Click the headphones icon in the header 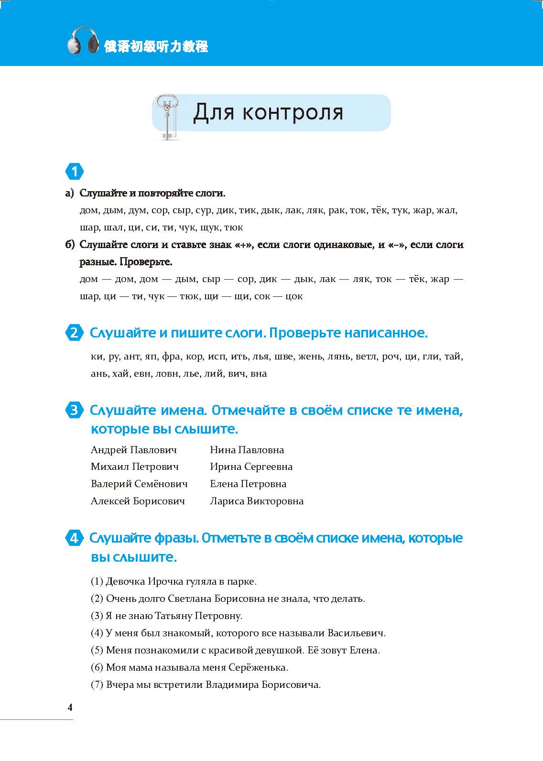(x=85, y=41)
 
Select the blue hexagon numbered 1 (x=74, y=172)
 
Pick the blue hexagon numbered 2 (x=74, y=333)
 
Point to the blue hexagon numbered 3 (x=74, y=410)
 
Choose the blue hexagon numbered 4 (x=74, y=538)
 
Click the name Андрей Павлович (x=133, y=450)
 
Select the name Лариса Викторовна (x=257, y=501)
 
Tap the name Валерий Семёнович (x=139, y=484)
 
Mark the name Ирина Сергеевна (x=251, y=467)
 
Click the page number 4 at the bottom (x=70, y=708)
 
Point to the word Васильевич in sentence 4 (x=356, y=633)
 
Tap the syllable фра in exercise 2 (x=171, y=357)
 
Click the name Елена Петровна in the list (x=248, y=484)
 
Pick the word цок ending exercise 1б (x=293, y=296)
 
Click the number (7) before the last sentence (x=97, y=685)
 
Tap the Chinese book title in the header (x=156, y=46)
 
